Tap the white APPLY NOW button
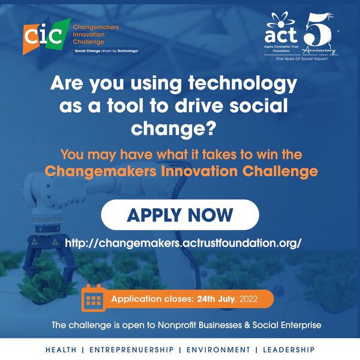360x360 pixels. pos(180,215)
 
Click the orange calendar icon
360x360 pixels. pos(94,298)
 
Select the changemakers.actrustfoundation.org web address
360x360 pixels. pos(183,243)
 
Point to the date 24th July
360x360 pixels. pos(216,299)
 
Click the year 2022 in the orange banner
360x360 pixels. pos(248,299)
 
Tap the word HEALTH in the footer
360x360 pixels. pos(61,350)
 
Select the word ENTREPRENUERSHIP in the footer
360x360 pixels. pos(131,350)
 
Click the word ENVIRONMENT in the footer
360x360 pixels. pos(218,350)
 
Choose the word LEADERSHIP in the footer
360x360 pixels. pos(289,350)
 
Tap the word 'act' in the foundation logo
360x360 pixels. pos(281,35)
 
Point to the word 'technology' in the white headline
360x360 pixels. pos(242,84)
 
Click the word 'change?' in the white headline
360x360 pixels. pos(174,128)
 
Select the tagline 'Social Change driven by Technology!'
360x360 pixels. pos(107,51)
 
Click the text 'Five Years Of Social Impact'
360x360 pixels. pos(302,59)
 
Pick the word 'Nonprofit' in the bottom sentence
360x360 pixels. pos(177,325)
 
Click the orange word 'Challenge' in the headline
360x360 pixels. pos(280,172)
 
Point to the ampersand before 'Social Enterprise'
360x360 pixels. pos(247,325)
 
